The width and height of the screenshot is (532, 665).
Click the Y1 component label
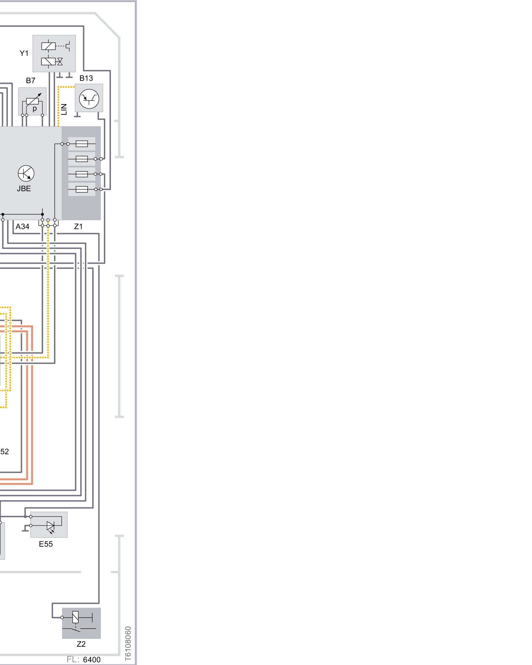[x=24, y=53]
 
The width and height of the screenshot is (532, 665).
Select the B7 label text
[x=31, y=80]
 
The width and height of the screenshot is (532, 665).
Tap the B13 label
[x=86, y=78]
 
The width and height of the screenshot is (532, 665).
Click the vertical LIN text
[x=64, y=109]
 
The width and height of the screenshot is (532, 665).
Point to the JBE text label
[x=24, y=189]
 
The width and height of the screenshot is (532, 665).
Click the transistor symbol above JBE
[x=26, y=173]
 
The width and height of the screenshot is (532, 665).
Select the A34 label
[x=22, y=226]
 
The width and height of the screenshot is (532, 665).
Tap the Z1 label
[x=78, y=226]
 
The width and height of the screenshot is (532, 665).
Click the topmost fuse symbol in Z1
[x=82, y=144]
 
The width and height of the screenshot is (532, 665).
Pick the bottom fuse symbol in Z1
[x=82, y=190]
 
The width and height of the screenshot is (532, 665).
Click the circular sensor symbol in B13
[x=89, y=99]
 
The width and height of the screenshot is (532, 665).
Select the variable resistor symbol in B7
[x=33, y=100]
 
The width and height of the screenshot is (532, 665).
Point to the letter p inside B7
[x=35, y=109]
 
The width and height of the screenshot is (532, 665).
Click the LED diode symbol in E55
[x=51, y=526]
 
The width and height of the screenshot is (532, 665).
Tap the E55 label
[x=46, y=544]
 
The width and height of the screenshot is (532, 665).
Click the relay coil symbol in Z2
[x=75, y=617]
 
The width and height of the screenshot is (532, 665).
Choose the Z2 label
[x=81, y=644]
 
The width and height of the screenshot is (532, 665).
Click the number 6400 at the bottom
[x=92, y=660]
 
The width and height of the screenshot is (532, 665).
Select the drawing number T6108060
[x=128, y=644]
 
